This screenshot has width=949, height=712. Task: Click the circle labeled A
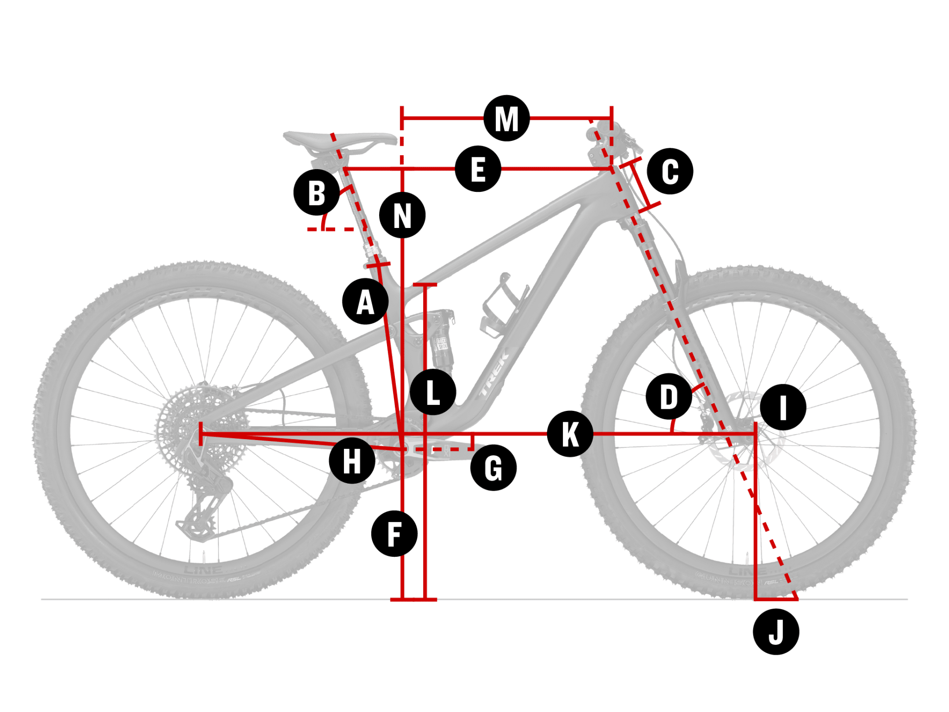[x=365, y=301]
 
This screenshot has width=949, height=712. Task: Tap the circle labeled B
[x=316, y=192]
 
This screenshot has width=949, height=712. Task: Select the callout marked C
[x=670, y=171]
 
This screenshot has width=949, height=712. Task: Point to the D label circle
[x=669, y=397]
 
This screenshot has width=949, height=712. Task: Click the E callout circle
[x=478, y=169]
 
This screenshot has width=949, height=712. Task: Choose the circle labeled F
[x=394, y=534]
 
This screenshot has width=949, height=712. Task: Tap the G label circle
[x=493, y=467]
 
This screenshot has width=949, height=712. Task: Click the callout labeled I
[x=783, y=407]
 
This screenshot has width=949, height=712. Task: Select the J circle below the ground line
[x=776, y=632]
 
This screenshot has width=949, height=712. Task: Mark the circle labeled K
[x=570, y=434]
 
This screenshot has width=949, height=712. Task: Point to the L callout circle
[x=433, y=392]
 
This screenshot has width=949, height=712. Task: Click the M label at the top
[x=507, y=118]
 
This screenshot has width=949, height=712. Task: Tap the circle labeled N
[x=402, y=215]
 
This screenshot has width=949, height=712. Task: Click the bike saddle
[x=341, y=138]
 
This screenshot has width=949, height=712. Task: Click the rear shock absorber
[x=441, y=341]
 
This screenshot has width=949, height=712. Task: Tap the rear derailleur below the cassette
[x=205, y=504]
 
